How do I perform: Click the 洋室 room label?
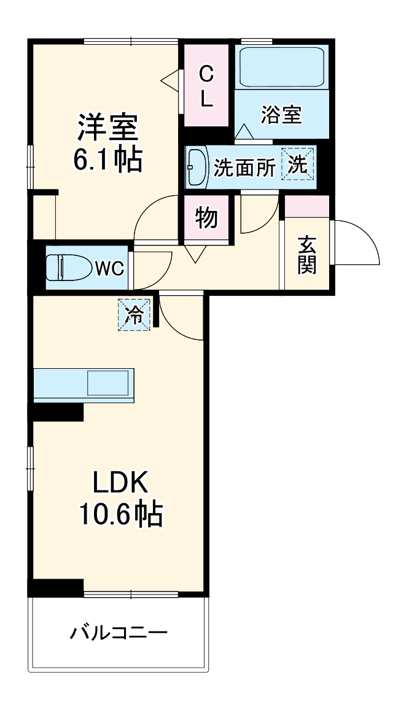[x=107, y=128]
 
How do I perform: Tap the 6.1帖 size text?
[x=107, y=160]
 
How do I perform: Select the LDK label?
[x=120, y=484]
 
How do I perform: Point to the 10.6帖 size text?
[x=120, y=514]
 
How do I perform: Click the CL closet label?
[x=206, y=87]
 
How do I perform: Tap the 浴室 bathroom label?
[x=281, y=115]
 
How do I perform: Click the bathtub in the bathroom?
[x=282, y=67]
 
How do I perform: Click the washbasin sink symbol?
[x=197, y=166]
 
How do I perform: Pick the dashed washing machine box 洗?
[x=298, y=164]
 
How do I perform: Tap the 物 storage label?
[x=206, y=218]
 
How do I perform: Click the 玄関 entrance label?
[x=307, y=255]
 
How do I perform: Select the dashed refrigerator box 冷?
[x=133, y=315]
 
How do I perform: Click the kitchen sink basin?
[x=108, y=384]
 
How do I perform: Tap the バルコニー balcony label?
[x=119, y=632]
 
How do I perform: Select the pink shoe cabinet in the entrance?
[x=307, y=206]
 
